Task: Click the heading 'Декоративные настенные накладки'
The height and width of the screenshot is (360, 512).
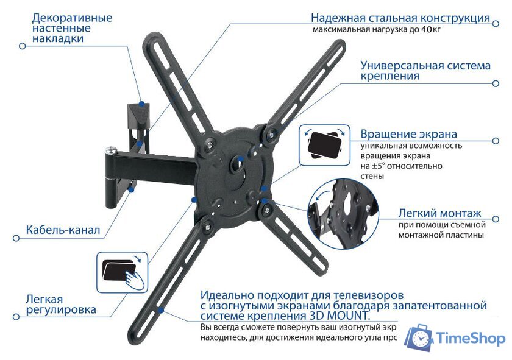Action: point(72,28)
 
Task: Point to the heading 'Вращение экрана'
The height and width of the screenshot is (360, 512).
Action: point(408,134)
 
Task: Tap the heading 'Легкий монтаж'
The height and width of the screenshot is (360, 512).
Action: point(439,214)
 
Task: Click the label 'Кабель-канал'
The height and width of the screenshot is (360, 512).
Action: point(63,231)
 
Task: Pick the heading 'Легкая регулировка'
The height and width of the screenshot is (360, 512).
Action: point(60,305)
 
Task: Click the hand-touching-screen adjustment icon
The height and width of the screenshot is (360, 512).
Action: point(123,272)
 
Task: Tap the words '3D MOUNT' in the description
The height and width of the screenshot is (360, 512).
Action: point(338,316)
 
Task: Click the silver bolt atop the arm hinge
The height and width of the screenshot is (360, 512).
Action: point(110,148)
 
